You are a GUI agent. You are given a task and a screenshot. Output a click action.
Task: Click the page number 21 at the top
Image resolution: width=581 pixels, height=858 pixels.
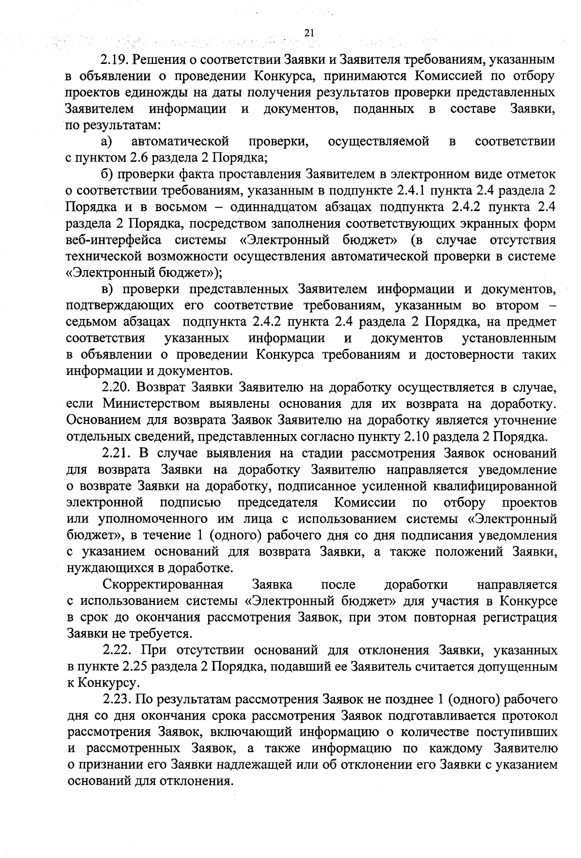pyautogui.click(x=310, y=33)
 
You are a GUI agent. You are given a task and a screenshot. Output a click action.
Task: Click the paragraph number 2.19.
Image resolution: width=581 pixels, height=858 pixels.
pyautogui.click(x=114, y=60)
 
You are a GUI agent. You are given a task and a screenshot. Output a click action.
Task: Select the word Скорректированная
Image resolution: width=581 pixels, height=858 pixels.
pyautogui.click(x=163, y=584)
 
